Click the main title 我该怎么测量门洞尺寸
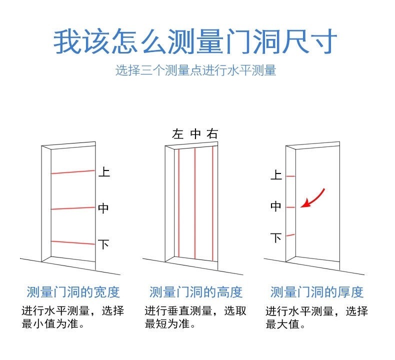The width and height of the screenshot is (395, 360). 195,41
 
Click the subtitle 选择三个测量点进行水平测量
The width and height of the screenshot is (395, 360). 195,70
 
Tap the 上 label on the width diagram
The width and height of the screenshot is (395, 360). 103,172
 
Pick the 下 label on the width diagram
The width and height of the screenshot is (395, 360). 103,244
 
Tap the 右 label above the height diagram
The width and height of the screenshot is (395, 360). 213,134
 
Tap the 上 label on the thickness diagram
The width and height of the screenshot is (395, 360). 276,175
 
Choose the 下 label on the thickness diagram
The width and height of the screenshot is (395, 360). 276,237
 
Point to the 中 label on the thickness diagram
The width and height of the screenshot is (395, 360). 276,206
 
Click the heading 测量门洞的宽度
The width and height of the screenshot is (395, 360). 73,292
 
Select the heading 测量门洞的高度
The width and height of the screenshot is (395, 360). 195,292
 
